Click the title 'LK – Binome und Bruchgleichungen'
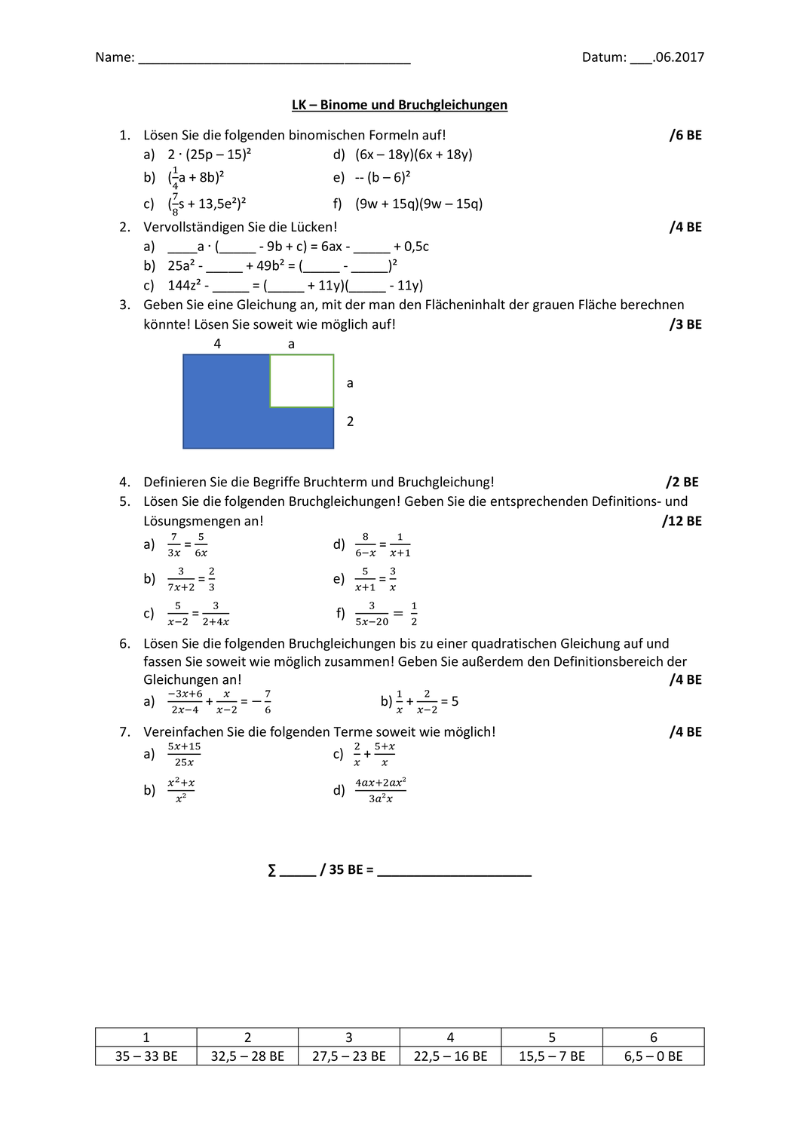[399, 105]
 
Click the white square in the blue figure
[302, 381]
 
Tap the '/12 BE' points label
[682, 521]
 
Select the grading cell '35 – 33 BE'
[146, 1056]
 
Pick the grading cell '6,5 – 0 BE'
[653, 1056]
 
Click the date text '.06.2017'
[679, 57]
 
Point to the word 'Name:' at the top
[115, 57]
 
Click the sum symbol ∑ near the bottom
[272, 870]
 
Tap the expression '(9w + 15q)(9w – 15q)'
[418, 204]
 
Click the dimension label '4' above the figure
[217, 344]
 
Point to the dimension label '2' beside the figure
[350, 421]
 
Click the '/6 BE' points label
[685, 135]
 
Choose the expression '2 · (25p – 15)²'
[209, 155]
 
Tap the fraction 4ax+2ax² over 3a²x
[381, 790]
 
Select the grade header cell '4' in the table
[450, 1038]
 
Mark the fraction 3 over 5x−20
[372, 614]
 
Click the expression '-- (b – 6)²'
[382, 177]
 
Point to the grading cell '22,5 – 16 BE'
[450, 1056]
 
